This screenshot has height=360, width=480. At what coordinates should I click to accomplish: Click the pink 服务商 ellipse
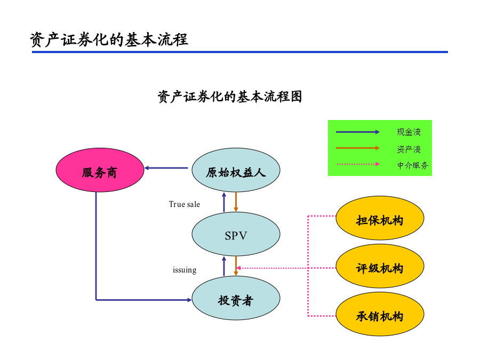pyautogui.click(x=100, y=170)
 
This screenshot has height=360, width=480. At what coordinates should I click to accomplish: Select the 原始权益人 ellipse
pyautogui.click(x=236, y=170)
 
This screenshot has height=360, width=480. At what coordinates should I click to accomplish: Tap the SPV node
pyautogui.click(x=236, y=234)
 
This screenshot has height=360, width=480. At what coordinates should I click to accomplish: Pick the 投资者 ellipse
pyautogui.click(x=236, y=298)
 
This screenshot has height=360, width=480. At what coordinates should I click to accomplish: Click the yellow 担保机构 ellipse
pyautogui.click(x=380, y=218)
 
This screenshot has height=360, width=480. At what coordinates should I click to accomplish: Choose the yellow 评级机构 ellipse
pyautogui.click(x=380, y=266)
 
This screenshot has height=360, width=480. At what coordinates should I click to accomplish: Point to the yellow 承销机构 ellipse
pyautogui.click(x=380, y=314)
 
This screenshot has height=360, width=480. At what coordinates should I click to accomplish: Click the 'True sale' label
pyautogui.click(x=185, y=204)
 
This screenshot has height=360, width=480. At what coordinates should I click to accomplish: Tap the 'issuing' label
pyautogui.click(x=185, y=270)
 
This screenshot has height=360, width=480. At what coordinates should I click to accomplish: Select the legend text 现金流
pyautogui.click(x=409, y=132)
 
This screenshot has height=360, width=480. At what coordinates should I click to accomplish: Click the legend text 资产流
pyautogui.click(x=409, y=149)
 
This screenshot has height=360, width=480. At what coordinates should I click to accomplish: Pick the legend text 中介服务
pyautogui.click(x=413, y=165)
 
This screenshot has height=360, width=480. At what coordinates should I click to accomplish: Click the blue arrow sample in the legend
pyautogui.click(x=358, y=132)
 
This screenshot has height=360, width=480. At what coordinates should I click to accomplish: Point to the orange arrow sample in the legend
pyautogui.click(x=358, y=148)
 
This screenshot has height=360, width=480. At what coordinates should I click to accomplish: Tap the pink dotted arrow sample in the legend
pyautogui.click(x=358, y=164)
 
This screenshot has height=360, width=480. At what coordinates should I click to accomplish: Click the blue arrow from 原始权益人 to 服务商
pyautogui.click(x=166, y=168)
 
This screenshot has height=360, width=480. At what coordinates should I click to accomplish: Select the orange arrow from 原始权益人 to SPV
pyautogui.click(x=236, y=202)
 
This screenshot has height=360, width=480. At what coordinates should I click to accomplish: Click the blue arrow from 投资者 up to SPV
pyautogui.click(x=224, y=266)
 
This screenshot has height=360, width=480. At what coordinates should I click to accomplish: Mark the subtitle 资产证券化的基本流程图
pyautogui.click(x=230, y=97)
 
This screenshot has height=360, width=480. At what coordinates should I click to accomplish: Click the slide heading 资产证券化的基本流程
pyautogui.click(x=109, y=40)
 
